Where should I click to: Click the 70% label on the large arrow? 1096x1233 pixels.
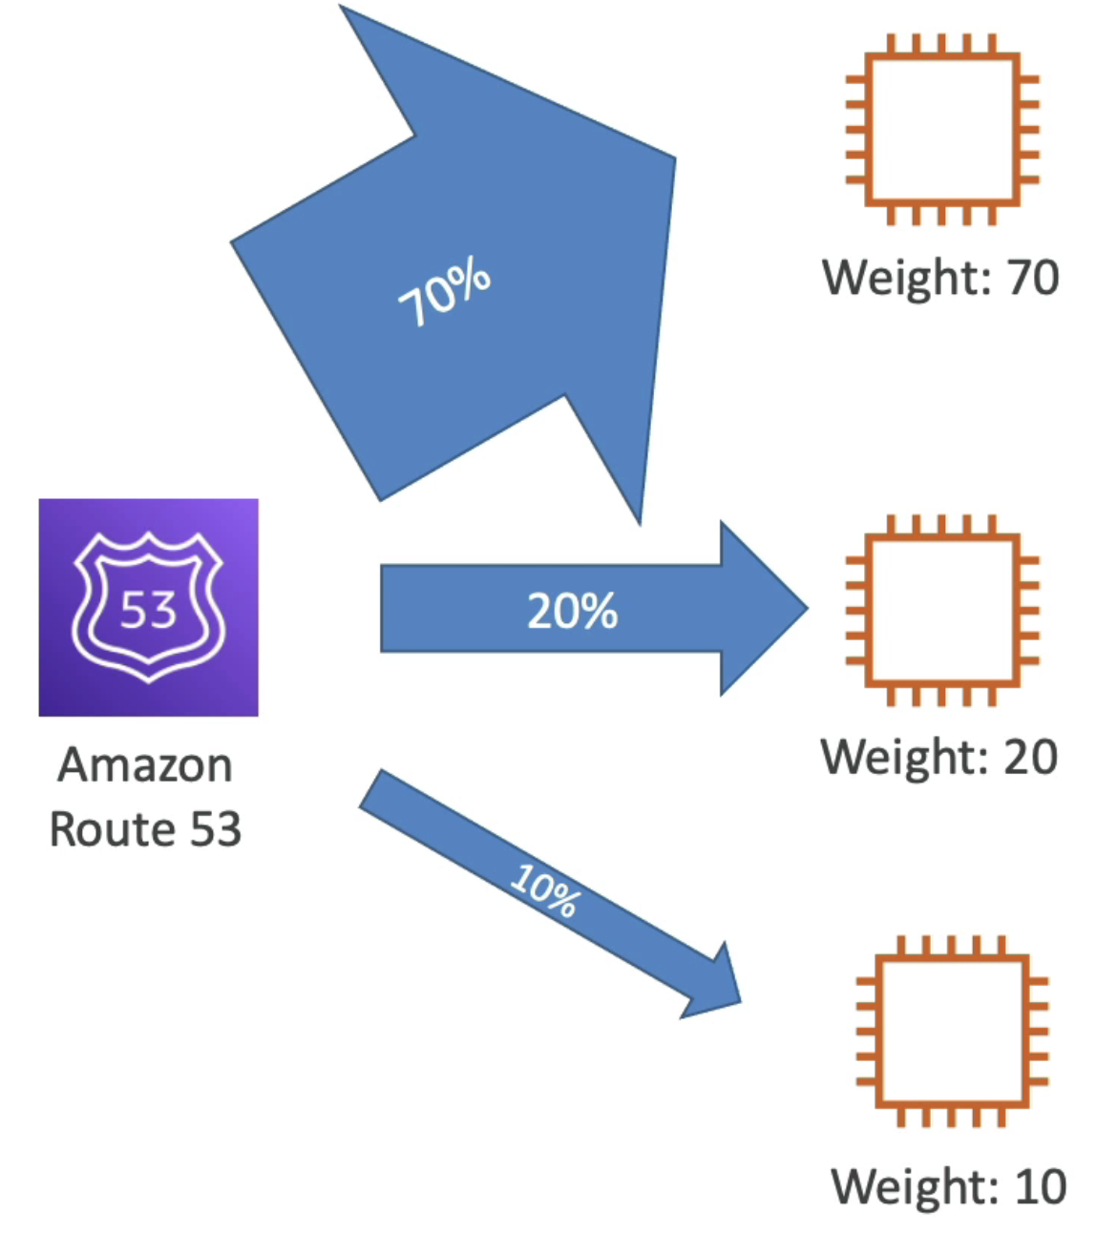point(445,294)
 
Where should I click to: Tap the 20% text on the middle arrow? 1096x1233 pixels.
point(572,611)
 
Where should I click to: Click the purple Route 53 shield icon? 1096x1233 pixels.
point(148,607)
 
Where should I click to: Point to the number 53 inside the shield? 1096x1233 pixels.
point(148,610)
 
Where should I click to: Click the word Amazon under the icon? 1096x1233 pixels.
point(145,765)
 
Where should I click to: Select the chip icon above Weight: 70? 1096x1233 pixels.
point(942,130)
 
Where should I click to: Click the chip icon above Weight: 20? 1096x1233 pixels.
point(942,611)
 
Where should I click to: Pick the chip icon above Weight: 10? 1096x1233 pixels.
point(952,1032)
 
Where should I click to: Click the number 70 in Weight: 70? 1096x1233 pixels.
point(1033,278)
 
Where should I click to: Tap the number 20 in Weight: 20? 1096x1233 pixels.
point(1030,757)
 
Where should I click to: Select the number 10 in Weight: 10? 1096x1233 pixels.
point(1040,1187)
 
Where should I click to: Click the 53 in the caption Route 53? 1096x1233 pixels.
point(215,828)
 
